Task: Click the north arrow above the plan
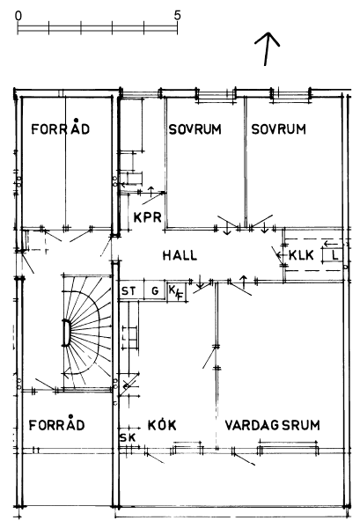267,48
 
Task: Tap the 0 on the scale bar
18,16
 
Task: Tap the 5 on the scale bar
177,16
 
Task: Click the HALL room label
180,255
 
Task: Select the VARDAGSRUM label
272,425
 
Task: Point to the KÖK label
162,425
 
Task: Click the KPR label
148,217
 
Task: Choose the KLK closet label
301,255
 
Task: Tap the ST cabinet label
129,290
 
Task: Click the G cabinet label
155,290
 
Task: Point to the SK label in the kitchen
128,437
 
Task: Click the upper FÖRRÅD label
61,128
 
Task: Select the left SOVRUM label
195,129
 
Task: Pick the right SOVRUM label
278,129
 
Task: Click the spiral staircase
87,332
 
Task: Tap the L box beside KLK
332,255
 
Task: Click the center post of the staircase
66,333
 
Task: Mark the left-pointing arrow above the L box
330,243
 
